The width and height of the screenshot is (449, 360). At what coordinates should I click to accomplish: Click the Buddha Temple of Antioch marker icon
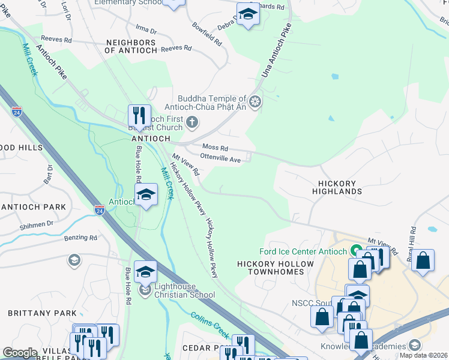coord(256,103)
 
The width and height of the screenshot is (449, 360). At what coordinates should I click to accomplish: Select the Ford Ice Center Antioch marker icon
coord(355,251)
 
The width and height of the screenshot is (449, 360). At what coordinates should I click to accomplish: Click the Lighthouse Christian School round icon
coord(145,292)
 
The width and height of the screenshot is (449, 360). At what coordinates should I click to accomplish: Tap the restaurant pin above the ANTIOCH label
coord(140,116)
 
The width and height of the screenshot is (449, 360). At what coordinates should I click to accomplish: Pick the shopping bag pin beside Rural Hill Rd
coord(423,261)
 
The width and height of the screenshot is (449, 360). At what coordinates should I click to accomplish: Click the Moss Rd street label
coord(215,148)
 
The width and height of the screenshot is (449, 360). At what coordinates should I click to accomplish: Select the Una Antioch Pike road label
coord(277,52)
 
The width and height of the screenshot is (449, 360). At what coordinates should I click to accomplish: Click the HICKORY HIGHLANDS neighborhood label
coord(337,187)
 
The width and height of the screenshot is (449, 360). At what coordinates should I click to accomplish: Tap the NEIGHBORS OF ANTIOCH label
coord(131,47)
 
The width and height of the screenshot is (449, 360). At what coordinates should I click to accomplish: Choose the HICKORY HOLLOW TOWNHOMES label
coord(276,268)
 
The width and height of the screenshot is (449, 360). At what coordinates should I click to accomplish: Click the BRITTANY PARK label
coord(42,313)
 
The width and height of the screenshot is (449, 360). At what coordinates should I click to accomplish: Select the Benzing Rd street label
coord(80,238)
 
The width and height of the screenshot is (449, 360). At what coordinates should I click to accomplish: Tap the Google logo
coord(20,353)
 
